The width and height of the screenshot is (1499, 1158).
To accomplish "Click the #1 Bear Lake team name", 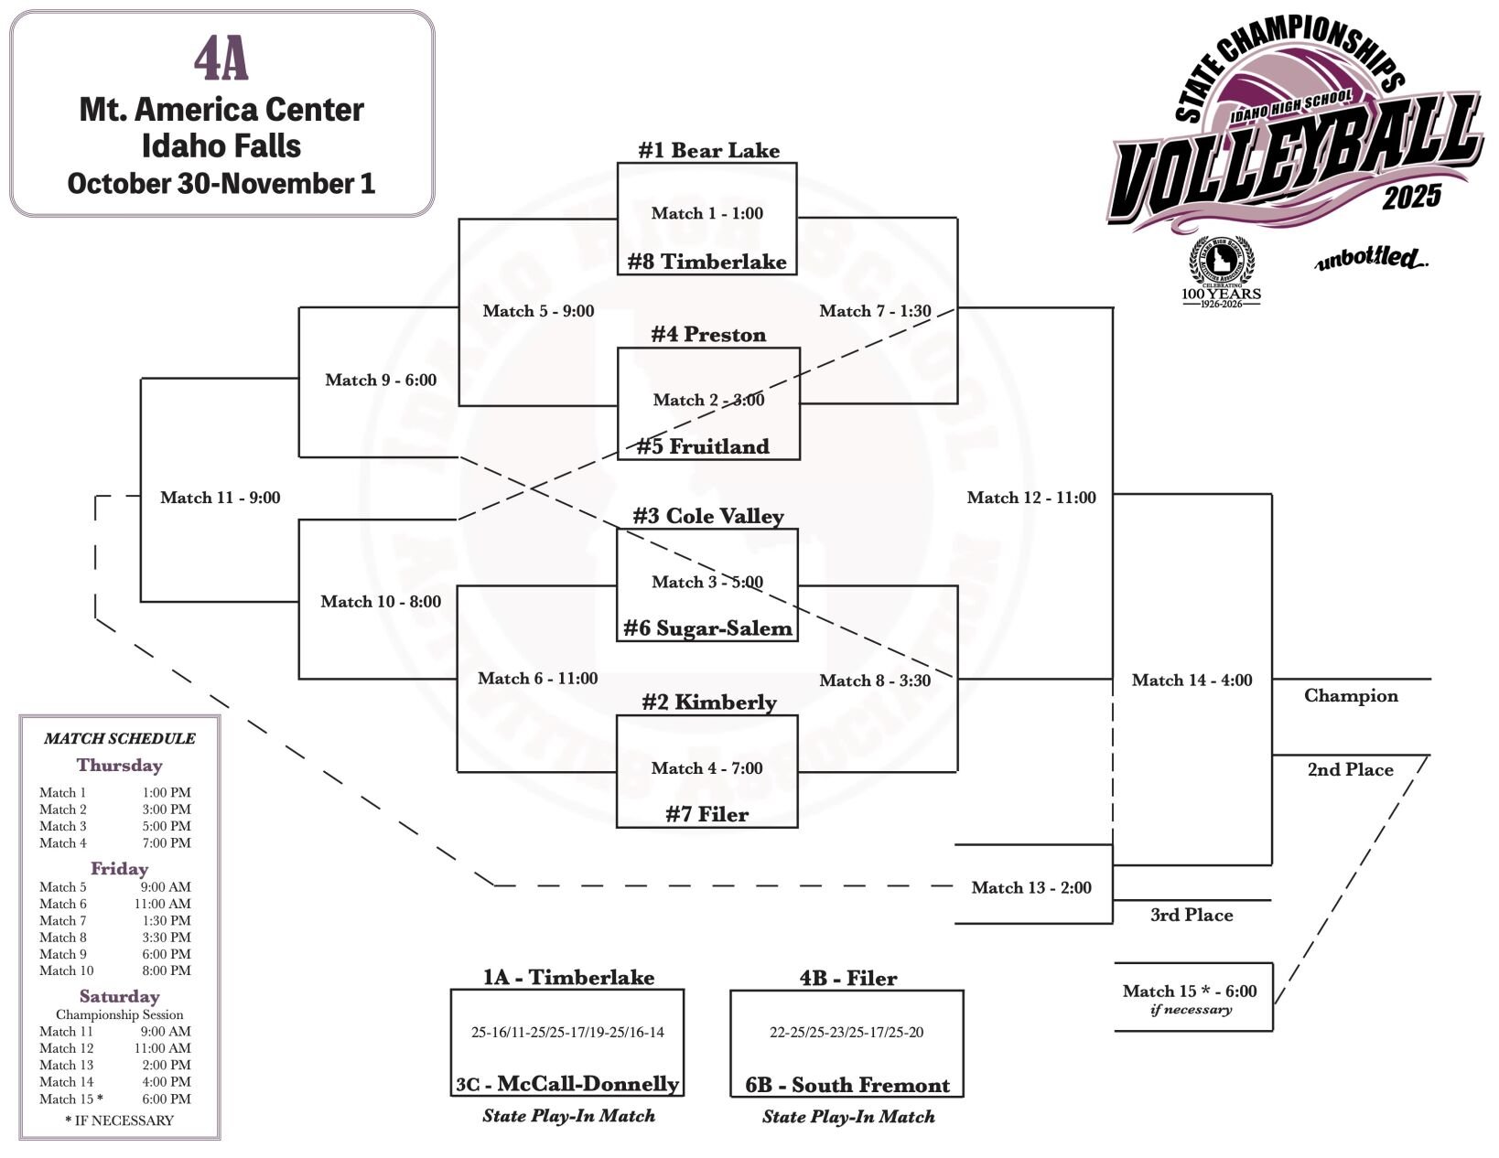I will (708, 150).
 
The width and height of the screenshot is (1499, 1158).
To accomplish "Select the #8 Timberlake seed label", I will (706, 262).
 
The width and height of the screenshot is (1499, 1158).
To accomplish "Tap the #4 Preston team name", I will (708, 335).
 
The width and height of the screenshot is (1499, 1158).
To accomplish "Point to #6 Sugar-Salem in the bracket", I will (706, 628).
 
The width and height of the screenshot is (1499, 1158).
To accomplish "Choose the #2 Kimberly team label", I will (708, 702).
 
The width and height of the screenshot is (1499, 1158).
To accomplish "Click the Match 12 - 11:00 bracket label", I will (1031, 498).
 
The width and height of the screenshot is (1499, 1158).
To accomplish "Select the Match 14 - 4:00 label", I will (1192, 680).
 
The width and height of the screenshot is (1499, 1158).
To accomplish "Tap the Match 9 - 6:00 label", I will (381, 380).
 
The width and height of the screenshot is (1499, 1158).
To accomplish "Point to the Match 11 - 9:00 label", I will (220, 498).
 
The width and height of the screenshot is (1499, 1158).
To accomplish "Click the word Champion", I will (1351, 695).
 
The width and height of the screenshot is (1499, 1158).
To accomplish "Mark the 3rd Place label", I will (1192, 915).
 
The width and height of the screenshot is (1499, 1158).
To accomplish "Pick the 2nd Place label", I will (1350, 770).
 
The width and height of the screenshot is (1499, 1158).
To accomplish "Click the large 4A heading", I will (221, 60).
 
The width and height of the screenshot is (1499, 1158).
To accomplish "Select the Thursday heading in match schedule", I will (119, 766).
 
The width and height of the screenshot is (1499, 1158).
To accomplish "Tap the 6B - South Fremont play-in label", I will (847, 1085).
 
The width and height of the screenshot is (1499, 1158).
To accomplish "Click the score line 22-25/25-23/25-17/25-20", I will (847, 1033).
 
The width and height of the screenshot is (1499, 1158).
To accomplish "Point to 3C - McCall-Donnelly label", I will (567, 1085).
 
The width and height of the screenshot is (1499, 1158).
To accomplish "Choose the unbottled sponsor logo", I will (1371, 259).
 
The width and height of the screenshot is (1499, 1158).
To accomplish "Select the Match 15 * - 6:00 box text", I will (1190, 992).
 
